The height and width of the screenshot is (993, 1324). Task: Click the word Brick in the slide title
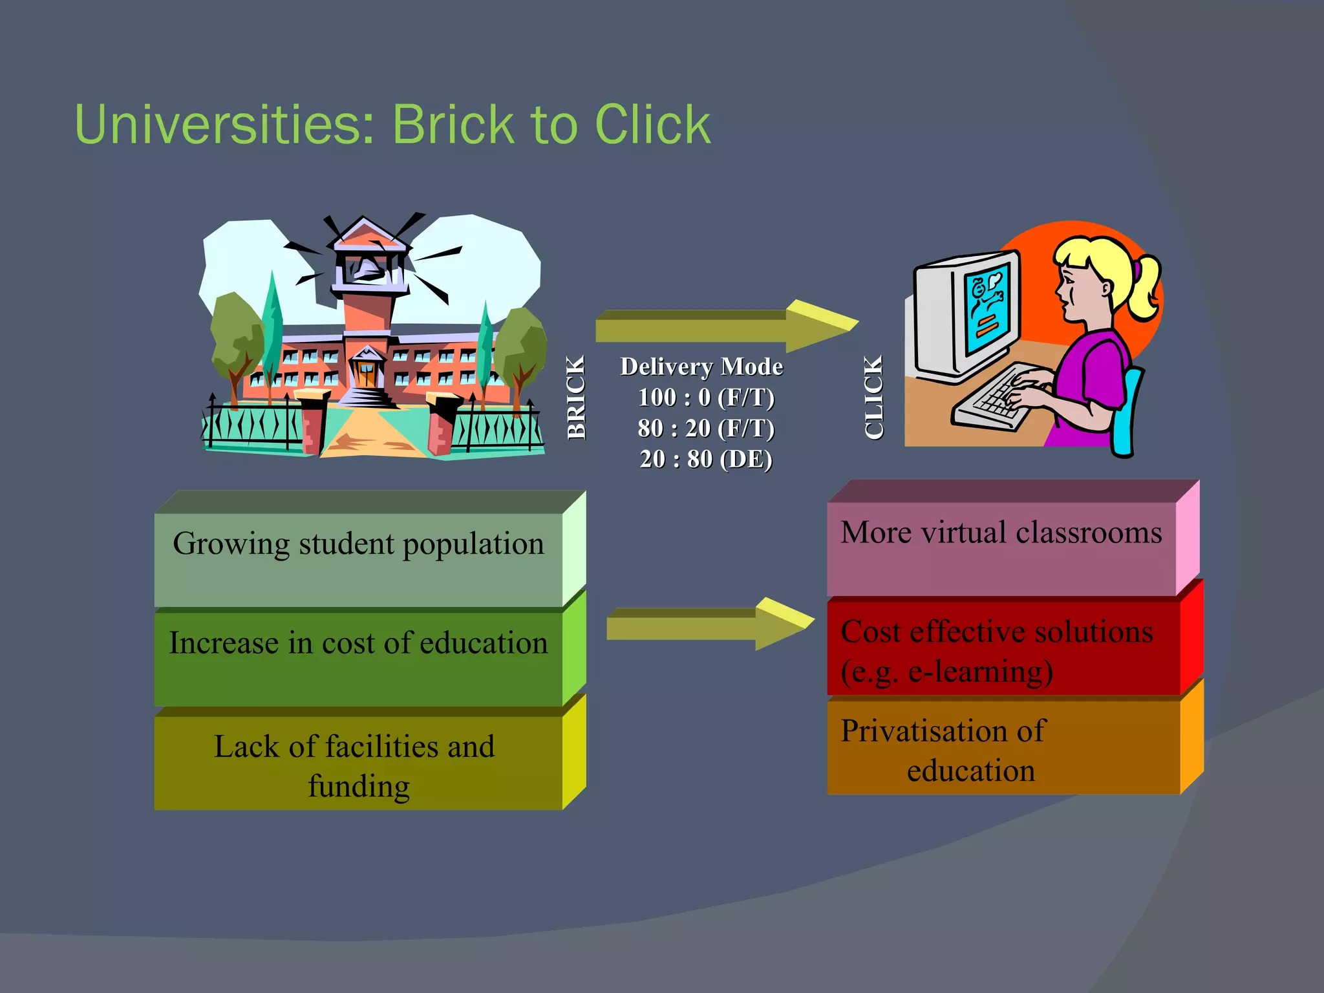[454, 124]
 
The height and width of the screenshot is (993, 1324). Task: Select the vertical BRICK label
[575, 398]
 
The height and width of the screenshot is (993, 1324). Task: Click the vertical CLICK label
[873, 398]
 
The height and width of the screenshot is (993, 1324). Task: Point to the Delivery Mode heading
[701, 367]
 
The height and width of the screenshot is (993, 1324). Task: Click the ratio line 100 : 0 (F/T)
[706, 397]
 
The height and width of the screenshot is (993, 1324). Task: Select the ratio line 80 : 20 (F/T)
[706, 428]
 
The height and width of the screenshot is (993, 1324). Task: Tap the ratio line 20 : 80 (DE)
[706, 459]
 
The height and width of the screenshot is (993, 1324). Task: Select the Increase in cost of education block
[359, 657]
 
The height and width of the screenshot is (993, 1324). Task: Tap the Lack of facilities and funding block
[359, 763]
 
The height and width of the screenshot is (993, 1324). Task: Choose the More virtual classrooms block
[1001, 547]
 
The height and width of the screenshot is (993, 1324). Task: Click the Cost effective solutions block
[1001, 649]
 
